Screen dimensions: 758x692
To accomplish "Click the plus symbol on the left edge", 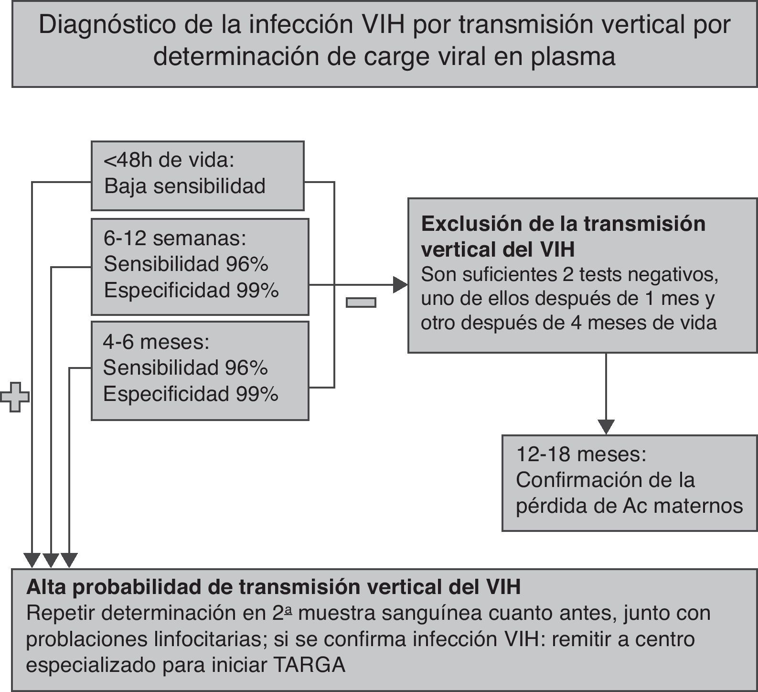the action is pyautogui.click(x=15, y=397).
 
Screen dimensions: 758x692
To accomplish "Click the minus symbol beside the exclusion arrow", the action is pyautogui.click(x=361, y=302).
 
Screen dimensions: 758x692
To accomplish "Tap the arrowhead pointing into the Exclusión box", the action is pyautogui.click(x=400, y=285).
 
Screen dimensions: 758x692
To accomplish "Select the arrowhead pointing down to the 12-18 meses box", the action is pyautogui.click(x=606, y=426).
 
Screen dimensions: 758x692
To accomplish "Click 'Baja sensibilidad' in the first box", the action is pyautogui.click(x=185, y=186).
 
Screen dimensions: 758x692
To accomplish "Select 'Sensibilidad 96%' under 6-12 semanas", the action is pyautogui.click(x=186, y=264).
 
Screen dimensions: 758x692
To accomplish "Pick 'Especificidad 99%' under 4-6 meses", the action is pyautogui.click(x=191, y=394).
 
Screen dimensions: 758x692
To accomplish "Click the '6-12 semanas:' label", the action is pyautogui.click(x=175, y=238).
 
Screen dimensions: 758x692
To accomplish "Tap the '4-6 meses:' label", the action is pyautogui.click(x=156, y=342).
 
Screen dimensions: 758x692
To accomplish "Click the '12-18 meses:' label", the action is pyautogui.click(x=581, y=454).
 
